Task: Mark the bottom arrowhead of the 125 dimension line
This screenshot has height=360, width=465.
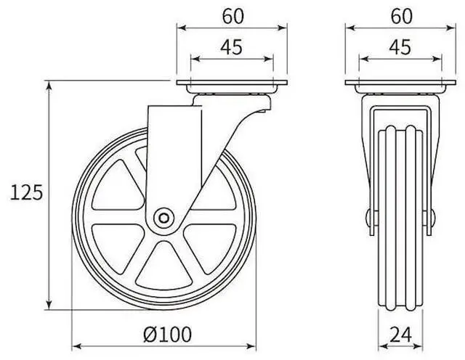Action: click(49, 306)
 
